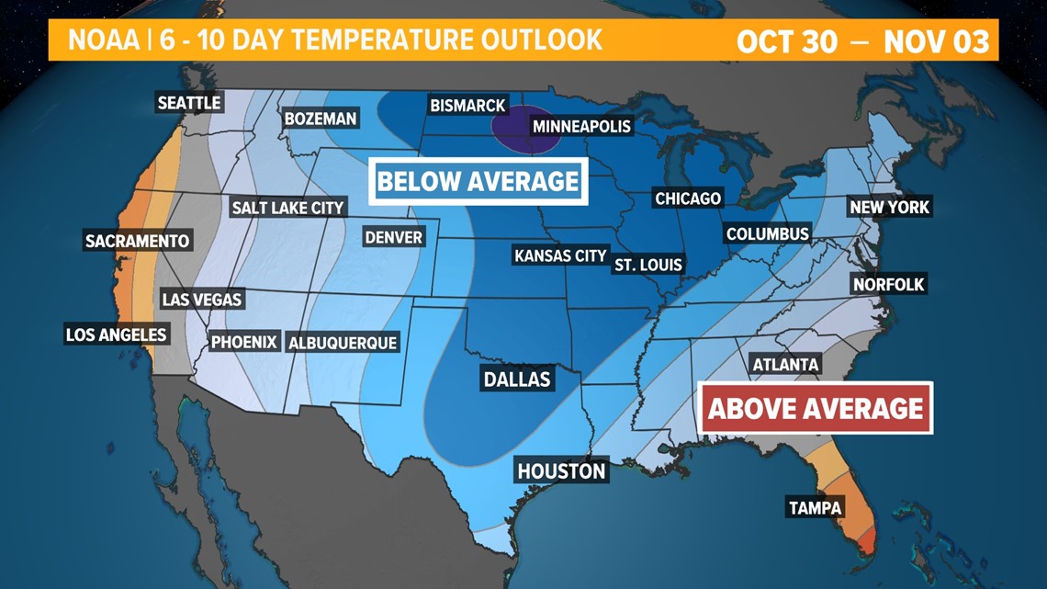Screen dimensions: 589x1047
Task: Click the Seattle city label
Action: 189,102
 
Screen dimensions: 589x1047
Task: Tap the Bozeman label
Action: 320,119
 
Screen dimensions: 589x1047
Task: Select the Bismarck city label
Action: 467,106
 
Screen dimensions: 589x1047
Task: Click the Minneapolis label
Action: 581,125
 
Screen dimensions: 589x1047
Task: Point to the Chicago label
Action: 688,198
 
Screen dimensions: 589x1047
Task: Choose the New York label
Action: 889,207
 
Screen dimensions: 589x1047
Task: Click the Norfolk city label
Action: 888,284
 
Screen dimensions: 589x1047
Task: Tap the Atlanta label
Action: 785,365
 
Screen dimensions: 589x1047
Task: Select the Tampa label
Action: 816,507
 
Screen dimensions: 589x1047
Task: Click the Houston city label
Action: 561,471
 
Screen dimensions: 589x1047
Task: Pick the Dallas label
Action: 517,379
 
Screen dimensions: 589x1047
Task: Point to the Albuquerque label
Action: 343,343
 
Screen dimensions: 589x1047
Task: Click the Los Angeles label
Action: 116,334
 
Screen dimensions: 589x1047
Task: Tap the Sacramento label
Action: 137,242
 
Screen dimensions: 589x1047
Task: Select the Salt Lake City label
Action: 287,208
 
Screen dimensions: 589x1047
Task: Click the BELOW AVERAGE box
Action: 478,181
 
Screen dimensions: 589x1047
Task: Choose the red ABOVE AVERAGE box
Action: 816,408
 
